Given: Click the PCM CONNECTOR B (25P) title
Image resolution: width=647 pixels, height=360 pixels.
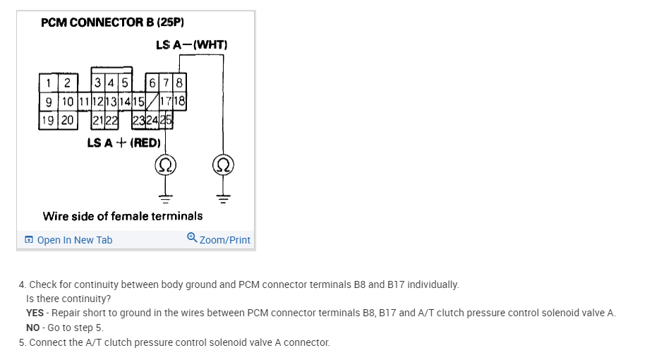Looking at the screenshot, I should [x=113, y=23].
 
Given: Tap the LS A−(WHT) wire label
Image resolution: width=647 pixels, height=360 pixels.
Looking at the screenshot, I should [x=192, y=45].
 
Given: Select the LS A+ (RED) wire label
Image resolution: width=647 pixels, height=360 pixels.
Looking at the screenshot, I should [x=124, y=143].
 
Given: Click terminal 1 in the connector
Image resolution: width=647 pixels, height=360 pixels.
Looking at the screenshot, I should [x=48, y=82].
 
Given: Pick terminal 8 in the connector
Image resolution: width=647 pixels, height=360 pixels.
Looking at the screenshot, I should [x=179, y=82].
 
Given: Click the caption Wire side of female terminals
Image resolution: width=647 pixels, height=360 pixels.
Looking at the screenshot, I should [x=123, y=216].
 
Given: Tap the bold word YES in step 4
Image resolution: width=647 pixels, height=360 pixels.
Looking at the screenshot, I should [x=35, y=313].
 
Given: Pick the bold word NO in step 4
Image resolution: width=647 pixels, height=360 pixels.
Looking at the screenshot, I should [x=33, y=328].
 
